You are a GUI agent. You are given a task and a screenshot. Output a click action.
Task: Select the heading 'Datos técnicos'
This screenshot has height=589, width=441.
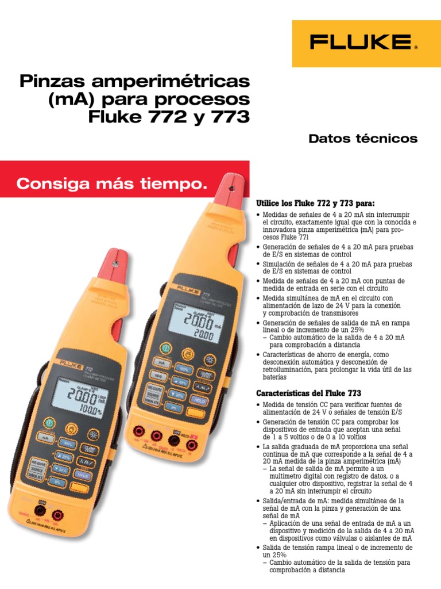pos(363,139)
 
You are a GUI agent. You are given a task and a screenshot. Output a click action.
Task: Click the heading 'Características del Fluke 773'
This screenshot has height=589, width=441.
pos(308,393)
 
